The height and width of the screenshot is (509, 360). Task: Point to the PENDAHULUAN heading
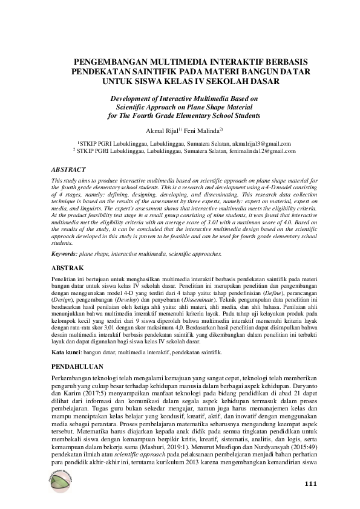78,366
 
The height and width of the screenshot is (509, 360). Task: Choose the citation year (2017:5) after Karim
94,394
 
